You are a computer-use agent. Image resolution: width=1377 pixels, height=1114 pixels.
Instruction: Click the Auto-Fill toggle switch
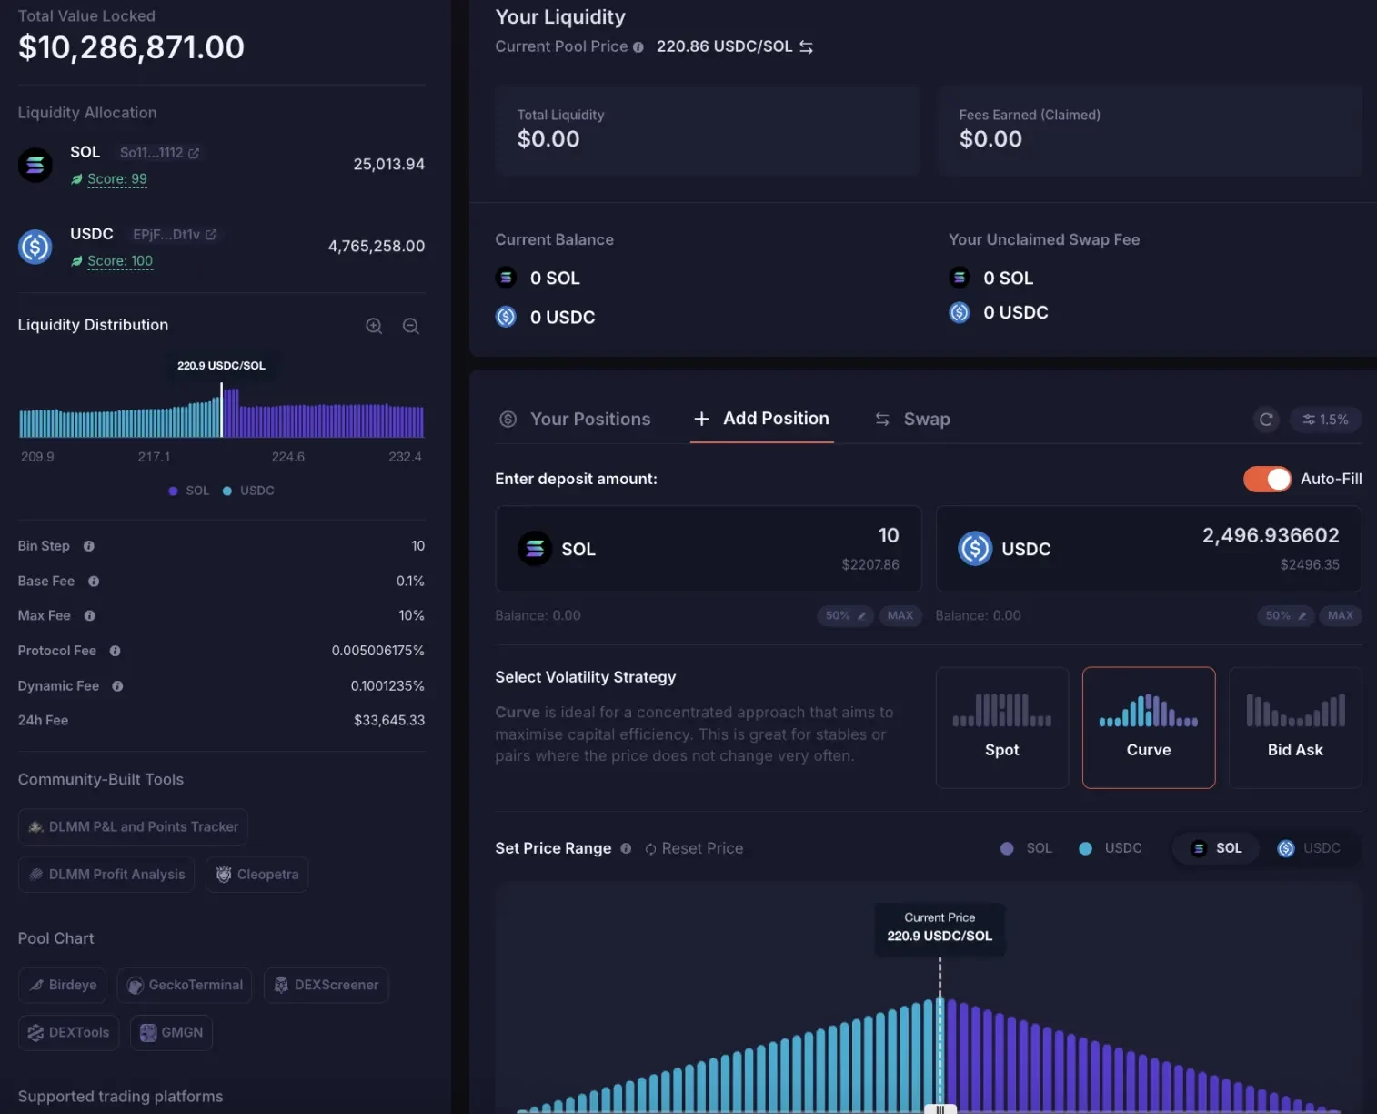coord(1267,479)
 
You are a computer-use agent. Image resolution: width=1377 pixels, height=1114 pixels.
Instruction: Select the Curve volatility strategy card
coord(1148,727)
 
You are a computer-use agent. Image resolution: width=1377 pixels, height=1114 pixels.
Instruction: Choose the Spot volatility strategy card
coord(1001,727)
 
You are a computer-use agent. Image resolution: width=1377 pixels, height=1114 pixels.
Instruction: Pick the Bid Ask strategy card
coord(1294,727)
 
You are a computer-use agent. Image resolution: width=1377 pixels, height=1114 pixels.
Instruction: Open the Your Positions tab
coord(576,419)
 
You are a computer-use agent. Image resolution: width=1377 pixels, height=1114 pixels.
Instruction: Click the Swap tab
coord(913,419)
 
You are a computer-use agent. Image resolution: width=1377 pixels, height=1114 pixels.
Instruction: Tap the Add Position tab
coord(762,419)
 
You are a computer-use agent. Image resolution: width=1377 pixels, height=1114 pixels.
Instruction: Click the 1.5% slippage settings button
coord(1325,420)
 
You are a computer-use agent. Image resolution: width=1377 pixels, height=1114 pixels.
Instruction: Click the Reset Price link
coord(694,848)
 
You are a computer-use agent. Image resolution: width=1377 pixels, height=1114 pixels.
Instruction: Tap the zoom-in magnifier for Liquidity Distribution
coord(374,326)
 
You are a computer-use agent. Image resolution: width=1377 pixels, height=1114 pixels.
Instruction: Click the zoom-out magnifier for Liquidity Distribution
coord(411,326)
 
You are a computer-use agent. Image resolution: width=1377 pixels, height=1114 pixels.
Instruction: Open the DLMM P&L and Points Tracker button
coord(133,826)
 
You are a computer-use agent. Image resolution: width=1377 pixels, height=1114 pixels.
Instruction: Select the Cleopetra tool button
coord(257,874)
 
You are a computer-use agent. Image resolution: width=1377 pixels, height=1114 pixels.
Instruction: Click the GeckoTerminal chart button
coord(185,985)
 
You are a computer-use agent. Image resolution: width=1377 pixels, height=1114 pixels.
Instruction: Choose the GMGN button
coord(171,1032)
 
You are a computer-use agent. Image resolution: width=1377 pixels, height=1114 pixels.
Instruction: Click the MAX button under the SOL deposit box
coord(900,615)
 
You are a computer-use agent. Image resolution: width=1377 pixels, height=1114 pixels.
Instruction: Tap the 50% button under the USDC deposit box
coord(1285,615)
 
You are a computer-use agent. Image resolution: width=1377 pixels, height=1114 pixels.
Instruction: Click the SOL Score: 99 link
coord(117,179)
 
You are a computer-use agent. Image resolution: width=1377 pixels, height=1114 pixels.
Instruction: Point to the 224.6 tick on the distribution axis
coord(288,457)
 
